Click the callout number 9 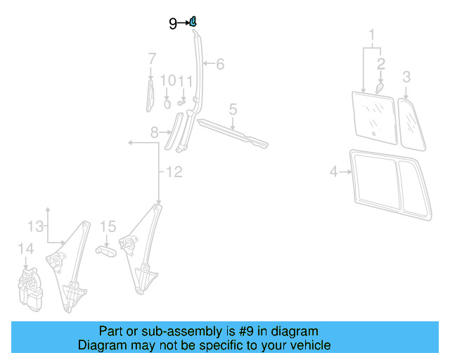coord(173,23)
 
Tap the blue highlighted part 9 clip coord(193,22)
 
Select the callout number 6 coord(220,65)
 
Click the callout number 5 coord(233,109)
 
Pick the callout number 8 coord(155,132)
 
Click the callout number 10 coord(167,81)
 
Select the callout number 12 coord(174,172)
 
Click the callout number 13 coord(35,226)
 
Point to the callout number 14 coord(25,248)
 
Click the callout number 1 coord(372,34)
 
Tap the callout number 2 coord(380,64)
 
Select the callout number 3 coord(406,76)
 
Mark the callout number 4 coord(334,170)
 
